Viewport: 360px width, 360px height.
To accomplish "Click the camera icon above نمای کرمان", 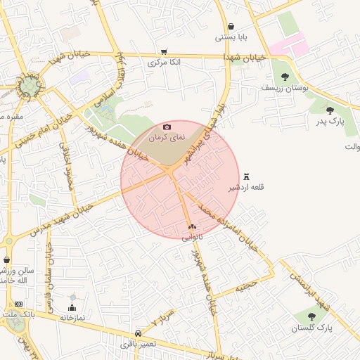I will click(167, 127).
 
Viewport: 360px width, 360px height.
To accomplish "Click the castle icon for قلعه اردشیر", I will click(246, 176).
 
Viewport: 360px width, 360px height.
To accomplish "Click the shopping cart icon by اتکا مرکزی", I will click(164, 51).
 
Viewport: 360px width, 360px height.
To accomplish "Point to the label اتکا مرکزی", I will click(164, 63).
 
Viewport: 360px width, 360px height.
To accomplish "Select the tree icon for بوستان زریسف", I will click(285, 77).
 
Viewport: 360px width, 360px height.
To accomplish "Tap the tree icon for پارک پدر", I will click(330, 110).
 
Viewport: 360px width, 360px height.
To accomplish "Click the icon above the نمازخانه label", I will click(72, 307).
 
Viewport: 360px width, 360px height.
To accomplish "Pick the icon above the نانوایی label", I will click(192, 226).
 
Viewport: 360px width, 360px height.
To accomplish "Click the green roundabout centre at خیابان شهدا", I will click(29, 86).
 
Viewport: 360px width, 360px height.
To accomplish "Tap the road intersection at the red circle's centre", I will click(172, 171).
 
